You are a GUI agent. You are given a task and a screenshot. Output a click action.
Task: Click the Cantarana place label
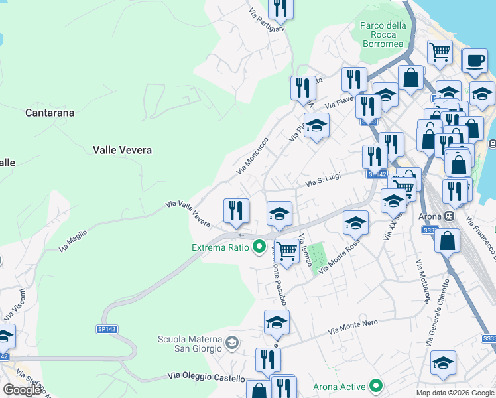50,113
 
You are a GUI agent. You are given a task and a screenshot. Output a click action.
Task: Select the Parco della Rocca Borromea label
383,34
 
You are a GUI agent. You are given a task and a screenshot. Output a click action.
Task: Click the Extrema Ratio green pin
260,247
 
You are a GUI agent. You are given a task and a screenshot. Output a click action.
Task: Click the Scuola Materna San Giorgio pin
231,343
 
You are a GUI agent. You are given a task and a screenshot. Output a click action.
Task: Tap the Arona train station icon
450,216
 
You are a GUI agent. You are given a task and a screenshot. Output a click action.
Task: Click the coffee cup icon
474,61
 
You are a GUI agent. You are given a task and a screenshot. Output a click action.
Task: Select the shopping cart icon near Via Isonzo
286,251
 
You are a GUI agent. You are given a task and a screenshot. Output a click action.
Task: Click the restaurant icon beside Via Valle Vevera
236,211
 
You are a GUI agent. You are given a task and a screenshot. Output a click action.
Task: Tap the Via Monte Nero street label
353,326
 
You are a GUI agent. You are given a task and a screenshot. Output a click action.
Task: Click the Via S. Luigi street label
323,178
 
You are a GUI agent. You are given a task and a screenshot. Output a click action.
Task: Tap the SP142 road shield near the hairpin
107,329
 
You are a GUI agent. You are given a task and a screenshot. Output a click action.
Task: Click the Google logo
23,389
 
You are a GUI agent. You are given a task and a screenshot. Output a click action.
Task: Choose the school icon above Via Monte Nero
277,323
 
